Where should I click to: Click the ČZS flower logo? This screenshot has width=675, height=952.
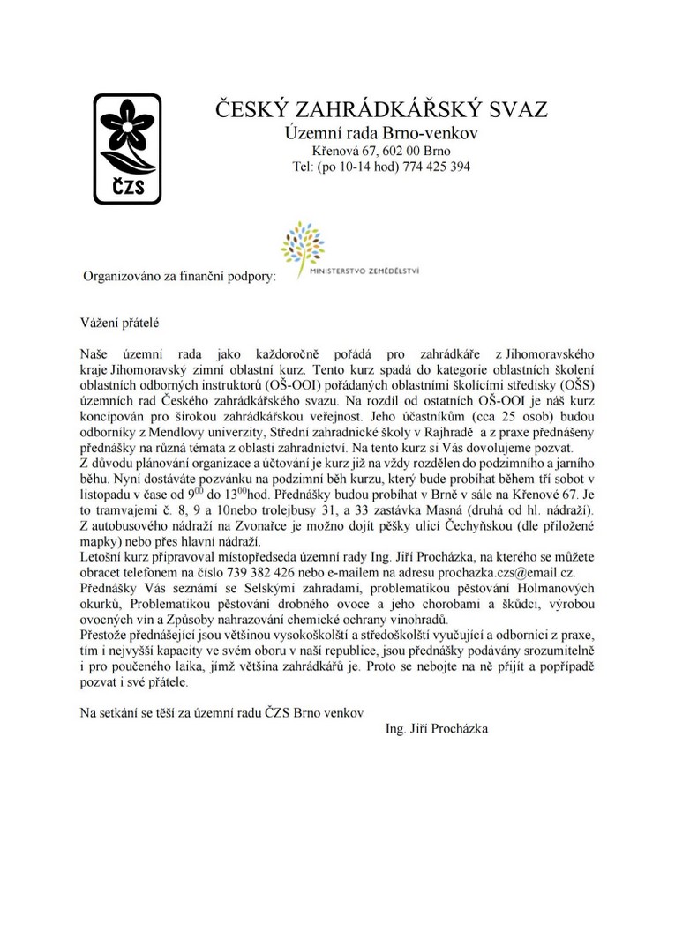coord(127,148)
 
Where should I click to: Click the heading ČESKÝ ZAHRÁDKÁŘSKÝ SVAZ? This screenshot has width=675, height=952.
coord(382,110)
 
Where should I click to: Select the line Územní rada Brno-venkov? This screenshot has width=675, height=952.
coord(381,134)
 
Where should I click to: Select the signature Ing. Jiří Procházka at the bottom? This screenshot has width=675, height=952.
coord(437,729)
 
